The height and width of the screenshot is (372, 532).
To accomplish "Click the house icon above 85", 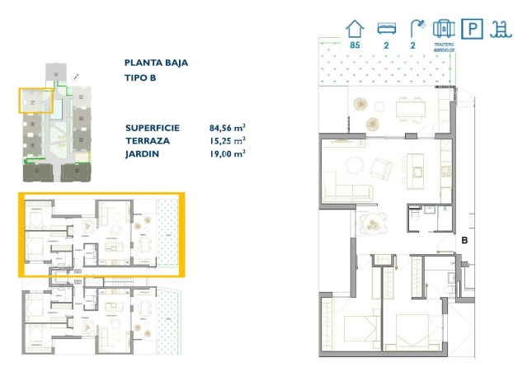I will [355, 27].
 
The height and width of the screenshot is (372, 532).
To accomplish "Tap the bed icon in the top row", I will [386, 28].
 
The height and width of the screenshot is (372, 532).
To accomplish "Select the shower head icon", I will [415, 27].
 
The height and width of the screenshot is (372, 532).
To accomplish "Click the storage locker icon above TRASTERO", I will [445, 27].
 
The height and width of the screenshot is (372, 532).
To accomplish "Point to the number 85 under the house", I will [355, 45].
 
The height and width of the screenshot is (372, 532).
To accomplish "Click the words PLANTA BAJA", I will [157, 62].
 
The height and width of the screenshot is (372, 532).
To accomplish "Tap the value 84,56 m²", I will [228, 128].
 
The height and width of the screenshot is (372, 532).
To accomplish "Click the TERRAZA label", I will [149, 140].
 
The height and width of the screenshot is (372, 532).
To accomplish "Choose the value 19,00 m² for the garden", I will [228, 153].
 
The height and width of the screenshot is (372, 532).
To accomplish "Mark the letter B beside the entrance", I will [465, 242].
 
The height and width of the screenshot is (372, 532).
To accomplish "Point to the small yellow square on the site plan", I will [35, 101].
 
